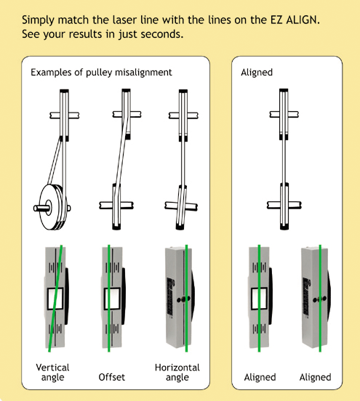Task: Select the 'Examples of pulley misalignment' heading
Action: click(101, 73)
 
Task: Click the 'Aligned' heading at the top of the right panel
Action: click(257, 73)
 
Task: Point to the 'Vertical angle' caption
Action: click(52, 373)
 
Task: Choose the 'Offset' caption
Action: click(111, 377)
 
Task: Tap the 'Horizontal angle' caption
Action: click(177, 373)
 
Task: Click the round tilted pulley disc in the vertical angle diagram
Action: click(52, 207)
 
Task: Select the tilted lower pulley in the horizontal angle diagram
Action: click(182, 207)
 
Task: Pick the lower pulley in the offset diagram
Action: click(116, 206)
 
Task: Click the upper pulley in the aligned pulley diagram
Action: click(284, 114)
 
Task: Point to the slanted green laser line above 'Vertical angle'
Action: click(55, 298)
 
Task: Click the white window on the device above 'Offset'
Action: click(112, 299)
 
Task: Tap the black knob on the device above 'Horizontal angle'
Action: click(184, 299)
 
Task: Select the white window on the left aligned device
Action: click(259, 299)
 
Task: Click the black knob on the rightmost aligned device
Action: click(319, 299)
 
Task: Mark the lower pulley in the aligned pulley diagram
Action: click(284, 206)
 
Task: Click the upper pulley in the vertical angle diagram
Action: click(64, 115)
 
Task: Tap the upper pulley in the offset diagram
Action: click(127, 114)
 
